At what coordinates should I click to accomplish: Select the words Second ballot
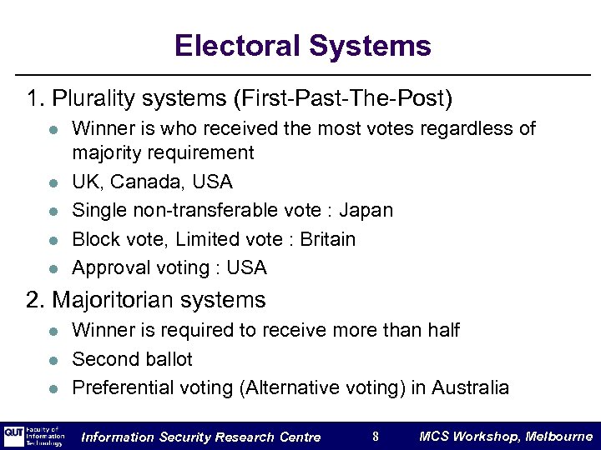[x=132, y=359]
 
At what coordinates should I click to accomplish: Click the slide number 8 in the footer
[x=375, y=436]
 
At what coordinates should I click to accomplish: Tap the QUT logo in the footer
[x=14, y=436]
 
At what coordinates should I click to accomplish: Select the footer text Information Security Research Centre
[x=200, y=437]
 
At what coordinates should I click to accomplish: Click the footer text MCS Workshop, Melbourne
[x=505, y=436]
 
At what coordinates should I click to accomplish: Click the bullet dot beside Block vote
[x=51, y=240]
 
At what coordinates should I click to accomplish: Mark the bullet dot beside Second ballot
[x=51, y=360]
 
